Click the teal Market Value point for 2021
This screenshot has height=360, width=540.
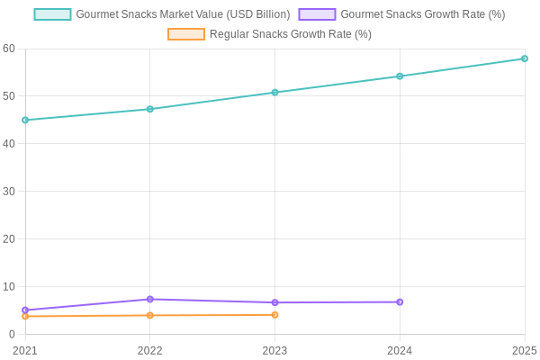tap(25, 120)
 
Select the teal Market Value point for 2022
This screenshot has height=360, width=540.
tap(150, 109)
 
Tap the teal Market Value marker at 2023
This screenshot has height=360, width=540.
tap(274, 93)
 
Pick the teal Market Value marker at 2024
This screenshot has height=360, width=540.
tap(400, 76)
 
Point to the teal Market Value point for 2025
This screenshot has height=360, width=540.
tap(525, 58)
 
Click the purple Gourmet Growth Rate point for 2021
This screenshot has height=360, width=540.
tap(25, 310)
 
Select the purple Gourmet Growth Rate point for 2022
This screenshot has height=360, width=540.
tap(150, 300)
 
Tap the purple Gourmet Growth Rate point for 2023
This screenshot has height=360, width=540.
tap(274, 302)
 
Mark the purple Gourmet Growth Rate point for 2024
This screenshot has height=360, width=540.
tap(400, 302)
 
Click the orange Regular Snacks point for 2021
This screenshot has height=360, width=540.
tap(25, 316)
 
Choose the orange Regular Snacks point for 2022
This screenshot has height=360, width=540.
tap(150, 315)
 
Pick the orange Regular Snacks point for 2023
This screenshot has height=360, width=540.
tap(274, 315)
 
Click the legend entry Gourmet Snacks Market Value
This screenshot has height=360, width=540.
tap(162, 14)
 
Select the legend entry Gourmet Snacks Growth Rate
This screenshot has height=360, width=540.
tap(401, 14)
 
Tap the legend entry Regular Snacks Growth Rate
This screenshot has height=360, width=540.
tap(270, 34)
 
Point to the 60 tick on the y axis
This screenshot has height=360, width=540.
tap(9, 49)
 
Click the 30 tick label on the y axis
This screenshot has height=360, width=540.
tap(9, 192)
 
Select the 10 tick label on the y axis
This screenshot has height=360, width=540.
tap(9, 287)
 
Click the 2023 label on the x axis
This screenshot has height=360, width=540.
tap(274, 351)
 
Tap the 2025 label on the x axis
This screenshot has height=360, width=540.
tap(524, 351)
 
